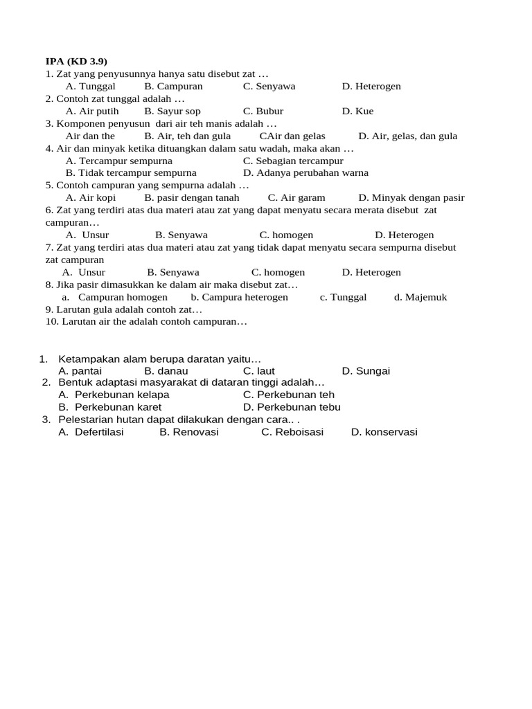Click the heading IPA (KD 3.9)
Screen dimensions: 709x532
pyautogui.click(x=76, y=61)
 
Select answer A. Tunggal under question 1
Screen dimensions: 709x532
pyautogui.click(x=90, y=86)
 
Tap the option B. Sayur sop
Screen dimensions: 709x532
pyautogui.click(x=172, y=111)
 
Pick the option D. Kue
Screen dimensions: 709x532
pyautogui.click(x=357, y=111)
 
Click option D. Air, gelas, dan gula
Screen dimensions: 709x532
pyautogui.click(x=408, y=136)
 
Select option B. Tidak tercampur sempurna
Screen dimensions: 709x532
pyautogui.click(x=131, y=172)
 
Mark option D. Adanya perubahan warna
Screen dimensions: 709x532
pyautogui.click(x=305, y=172)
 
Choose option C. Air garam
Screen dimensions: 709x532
pyautogui.click(x=296, y=197)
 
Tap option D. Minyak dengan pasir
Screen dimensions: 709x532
pyautogui.click(x=411, y=197)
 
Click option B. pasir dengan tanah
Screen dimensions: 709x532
pyautogui.click(x=192, y=197)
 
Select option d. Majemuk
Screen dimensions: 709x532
pyautogui.click(x=420, y=297)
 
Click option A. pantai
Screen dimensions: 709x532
pyautogui.click(x=80, y=371)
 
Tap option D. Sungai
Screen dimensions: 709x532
pyautogui.click(x=366, y=371)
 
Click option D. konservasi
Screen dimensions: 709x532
pyautogui.click(x=384, y=432)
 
